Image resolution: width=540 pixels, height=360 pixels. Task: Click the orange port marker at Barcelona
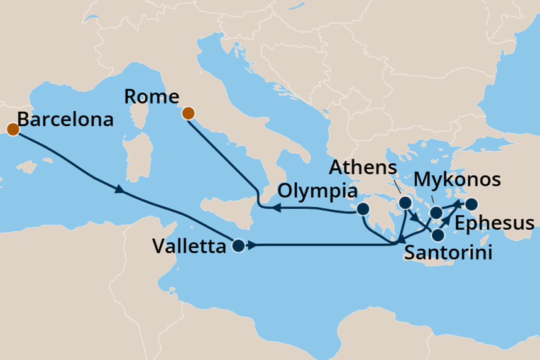(x=12, y=129)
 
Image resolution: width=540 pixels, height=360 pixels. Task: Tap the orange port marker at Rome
(x=188, y=114)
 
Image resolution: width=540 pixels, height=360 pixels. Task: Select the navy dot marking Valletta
(x=238, y=246)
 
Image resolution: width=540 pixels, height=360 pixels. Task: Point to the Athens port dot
(x=405, y=203)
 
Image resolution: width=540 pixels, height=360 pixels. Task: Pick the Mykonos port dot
(x=436, y=212)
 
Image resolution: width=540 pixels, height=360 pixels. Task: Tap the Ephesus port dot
(x=470, y=204)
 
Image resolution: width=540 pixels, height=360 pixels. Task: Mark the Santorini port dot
(x=437, y=235)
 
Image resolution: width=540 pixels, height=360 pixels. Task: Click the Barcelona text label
(x=65, y=119)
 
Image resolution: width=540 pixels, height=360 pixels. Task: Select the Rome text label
(x=152, y=97)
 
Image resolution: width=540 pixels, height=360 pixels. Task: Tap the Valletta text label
(x=189, y=247)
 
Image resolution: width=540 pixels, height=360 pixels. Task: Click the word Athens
(x=364, y=168)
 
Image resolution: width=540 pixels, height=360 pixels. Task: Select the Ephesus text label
(x=494, y=223)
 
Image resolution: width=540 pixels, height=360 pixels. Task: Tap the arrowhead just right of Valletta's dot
(x=251, y=246)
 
